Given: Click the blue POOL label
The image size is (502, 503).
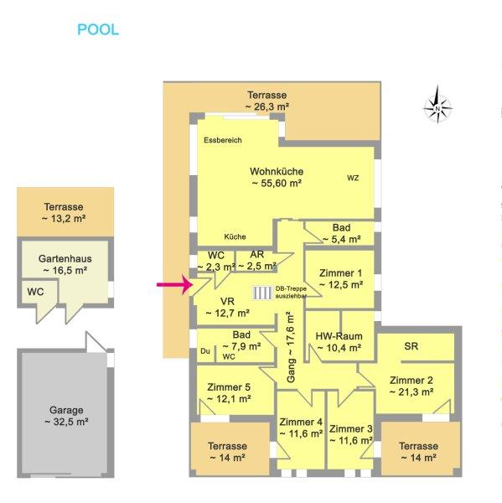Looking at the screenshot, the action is [98, 30].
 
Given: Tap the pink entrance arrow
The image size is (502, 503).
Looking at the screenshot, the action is [174, 284].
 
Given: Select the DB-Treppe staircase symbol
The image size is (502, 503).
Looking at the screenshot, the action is [262, 293].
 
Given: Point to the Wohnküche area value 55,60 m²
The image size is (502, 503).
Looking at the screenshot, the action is [277, 184].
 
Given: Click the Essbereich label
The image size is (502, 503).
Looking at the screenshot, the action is [223, 140].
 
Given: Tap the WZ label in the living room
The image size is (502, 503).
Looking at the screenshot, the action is [353, 178].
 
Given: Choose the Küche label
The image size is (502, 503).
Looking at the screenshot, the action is [235, 236].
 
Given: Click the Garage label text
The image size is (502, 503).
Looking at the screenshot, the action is [66, 410].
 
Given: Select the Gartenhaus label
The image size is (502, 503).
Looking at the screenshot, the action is [65, 258].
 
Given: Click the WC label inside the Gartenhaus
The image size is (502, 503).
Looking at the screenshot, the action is [35, 292].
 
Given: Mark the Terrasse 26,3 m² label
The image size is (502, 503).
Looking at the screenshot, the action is [267, 101].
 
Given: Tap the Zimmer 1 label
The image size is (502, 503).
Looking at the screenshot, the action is [340, 273].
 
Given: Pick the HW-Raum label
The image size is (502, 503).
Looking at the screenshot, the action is [339, 336].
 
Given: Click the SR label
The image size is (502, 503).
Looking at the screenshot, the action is [411, 346].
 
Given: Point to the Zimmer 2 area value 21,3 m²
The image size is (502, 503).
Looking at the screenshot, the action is [411, 392].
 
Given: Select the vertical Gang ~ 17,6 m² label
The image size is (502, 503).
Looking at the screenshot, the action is [291, 347].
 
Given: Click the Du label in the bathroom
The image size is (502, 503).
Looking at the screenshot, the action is [205, 351].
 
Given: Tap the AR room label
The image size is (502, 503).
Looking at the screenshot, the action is [257, 254].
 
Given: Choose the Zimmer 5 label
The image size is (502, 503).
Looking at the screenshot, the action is [229, 387].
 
